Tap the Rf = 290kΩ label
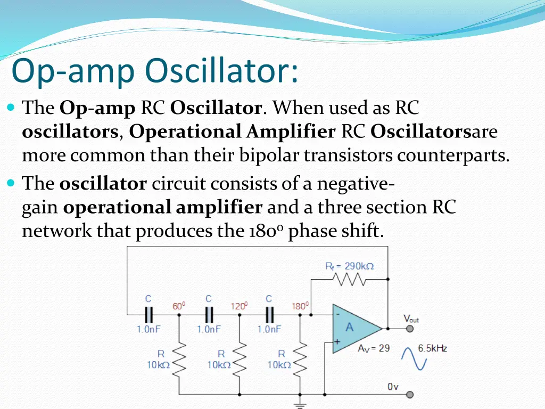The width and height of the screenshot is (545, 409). pos(349,266)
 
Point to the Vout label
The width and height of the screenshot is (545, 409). pos(411,319)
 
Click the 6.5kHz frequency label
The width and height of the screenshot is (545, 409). pos(432,348)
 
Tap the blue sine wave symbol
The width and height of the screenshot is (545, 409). pos(415,358)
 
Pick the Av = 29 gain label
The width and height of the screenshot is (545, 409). pos(374,348)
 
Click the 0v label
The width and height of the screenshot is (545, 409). pos(393,387)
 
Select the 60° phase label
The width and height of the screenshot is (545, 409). pos(178,306)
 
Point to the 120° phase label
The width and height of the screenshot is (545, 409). pos(239,306)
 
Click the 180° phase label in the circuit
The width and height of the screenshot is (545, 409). pos(300,306)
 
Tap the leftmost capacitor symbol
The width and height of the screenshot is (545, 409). pos(148,314)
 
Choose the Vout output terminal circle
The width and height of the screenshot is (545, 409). pos(410,329)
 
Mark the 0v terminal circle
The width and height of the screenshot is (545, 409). pos(410,395)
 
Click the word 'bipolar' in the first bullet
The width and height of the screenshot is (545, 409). pos(270,156)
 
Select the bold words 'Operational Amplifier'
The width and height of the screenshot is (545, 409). pos(232,132)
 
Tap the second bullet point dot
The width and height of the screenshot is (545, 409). pos(12,183)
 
